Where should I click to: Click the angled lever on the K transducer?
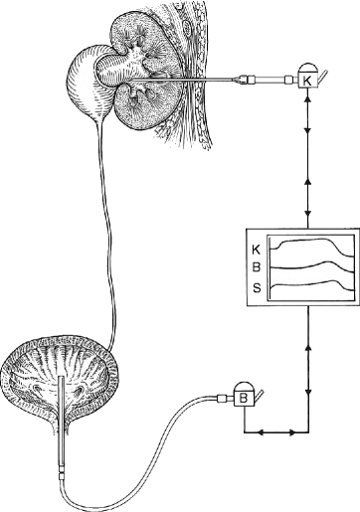point(320,74)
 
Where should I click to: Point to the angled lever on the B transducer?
point(259,398)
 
